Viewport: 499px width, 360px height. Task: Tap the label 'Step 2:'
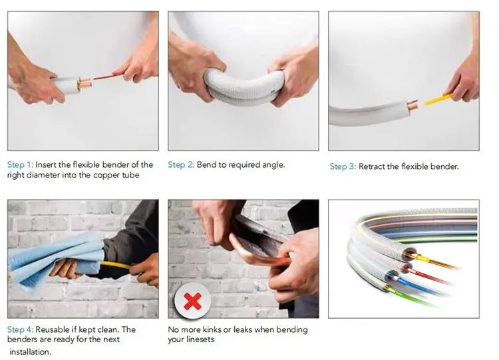[180, 164]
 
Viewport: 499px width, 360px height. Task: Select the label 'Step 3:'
[343, 166]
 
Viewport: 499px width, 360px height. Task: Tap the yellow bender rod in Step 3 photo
[438, 100]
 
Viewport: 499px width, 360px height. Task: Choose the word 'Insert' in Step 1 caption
[47, 164]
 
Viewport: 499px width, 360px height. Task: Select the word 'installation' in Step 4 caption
[29, 351]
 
